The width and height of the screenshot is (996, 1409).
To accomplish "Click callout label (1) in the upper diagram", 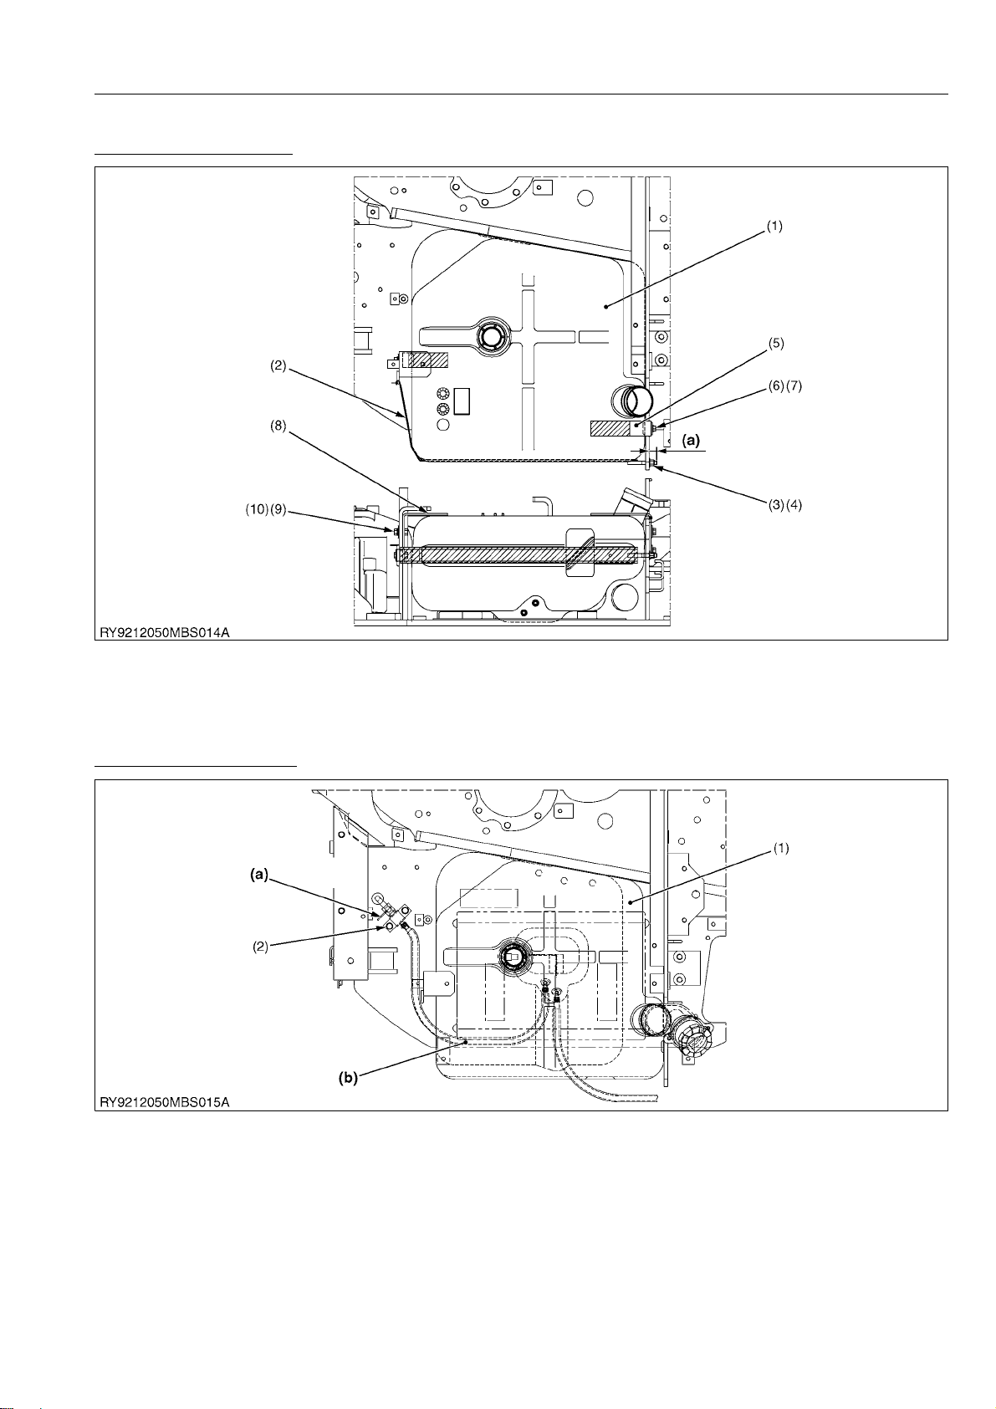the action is click(774, 227).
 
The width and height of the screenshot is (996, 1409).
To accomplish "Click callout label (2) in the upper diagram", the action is click(278, 365).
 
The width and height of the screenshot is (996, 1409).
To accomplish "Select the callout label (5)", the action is click(775, 343).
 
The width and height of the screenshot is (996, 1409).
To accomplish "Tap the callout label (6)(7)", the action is click(784, 385).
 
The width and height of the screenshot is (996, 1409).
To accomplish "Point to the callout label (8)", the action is click(278, 426).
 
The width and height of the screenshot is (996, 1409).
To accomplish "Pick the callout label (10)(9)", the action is click(265, 509).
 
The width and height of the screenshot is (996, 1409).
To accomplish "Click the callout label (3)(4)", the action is click(784, 504).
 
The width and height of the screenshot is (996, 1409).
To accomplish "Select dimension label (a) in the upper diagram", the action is click(691, 441).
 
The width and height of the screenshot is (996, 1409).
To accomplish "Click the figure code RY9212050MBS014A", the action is click(164, 633).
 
